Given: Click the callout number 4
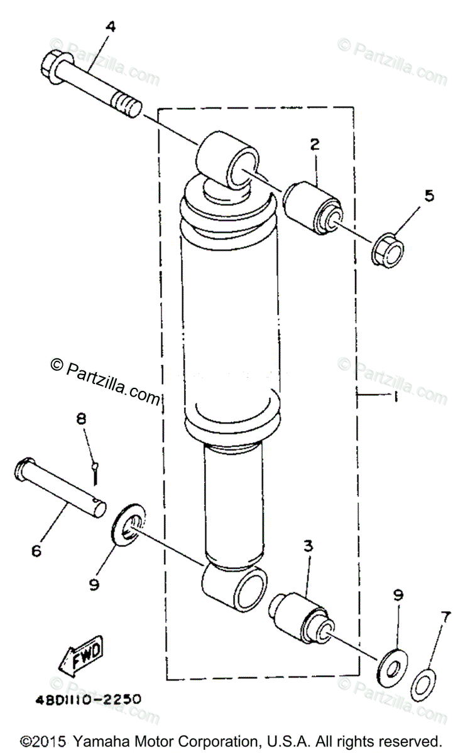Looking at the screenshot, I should (x=111, y=26).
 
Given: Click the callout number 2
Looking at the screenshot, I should (x=314, y=144).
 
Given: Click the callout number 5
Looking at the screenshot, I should (x=429, y=195).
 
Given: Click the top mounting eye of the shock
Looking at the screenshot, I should (x=229, y=159).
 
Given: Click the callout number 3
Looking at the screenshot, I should (x=308, y=546).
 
